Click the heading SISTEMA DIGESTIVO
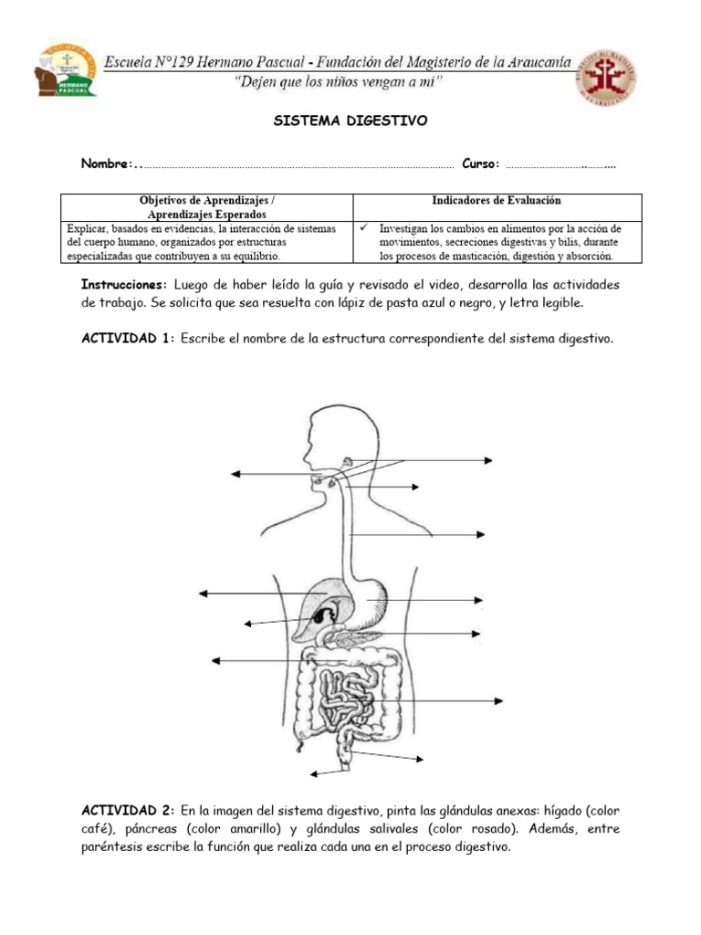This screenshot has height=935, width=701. pyautogui.click(x=350, y=121)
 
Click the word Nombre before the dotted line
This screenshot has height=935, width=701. pyautogui.click(x=106, y=164)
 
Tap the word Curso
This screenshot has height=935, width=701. pyautogui.click(x=480, y=164)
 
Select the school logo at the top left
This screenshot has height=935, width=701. pyautogui.click(x=66, y=75)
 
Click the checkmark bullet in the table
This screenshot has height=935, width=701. pyautogui.click(x=364, y=228)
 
